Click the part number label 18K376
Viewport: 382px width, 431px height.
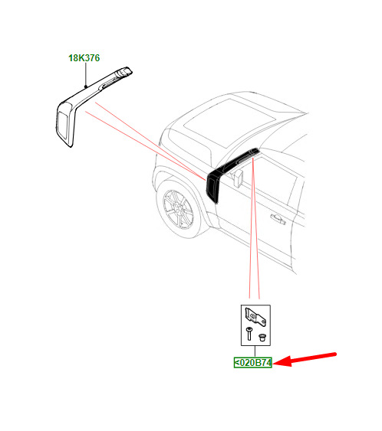(84, 58)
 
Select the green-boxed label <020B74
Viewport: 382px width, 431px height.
(253, 363)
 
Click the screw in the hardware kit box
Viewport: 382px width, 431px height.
(249, 334)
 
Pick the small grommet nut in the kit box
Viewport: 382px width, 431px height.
(262, 338)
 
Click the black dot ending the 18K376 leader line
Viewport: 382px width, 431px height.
(86, 87)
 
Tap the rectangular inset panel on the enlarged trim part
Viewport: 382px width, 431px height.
(63, 126)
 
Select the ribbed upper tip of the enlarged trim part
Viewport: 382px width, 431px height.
(123, 71)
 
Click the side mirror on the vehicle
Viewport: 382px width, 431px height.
(238, 178)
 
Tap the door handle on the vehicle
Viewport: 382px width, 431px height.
(278, 218)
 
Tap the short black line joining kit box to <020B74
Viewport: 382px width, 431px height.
(255, 351)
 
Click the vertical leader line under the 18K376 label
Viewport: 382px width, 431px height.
(86, 74)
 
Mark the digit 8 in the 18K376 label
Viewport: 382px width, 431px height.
(75, 58)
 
